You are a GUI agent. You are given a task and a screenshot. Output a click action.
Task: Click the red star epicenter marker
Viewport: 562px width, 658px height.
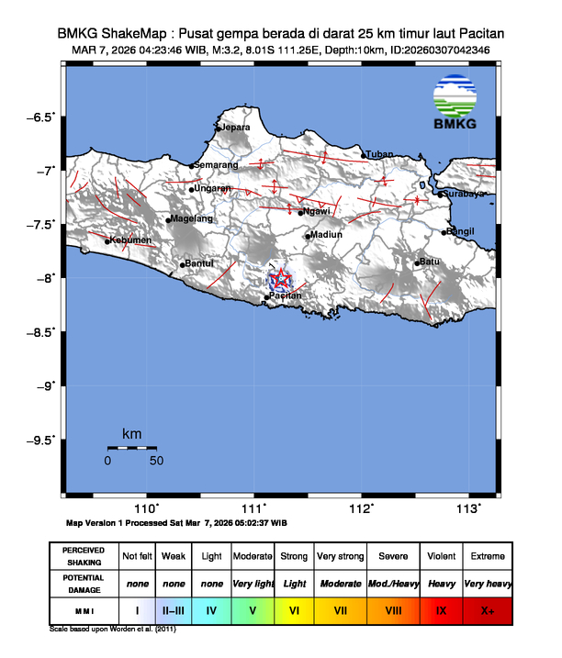pyautogui.click(x=279, y=278)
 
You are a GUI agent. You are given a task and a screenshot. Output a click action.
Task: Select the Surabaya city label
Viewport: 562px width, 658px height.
pyautogui.click(x=464, y=193)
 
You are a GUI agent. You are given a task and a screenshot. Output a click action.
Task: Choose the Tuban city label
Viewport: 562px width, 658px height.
pyautogui.click(x=380, y=154)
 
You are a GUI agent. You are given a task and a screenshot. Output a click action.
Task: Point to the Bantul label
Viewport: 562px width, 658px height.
pyautogui.click(x=200, y=263)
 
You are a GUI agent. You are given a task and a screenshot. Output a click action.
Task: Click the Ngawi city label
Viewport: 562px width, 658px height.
pyautogui.click(x=317, y=212)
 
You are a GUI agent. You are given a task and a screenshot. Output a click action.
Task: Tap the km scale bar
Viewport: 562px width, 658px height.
pyautogui.click(x=131, y=448)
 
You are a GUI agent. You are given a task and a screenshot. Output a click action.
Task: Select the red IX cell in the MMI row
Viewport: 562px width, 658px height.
pyautogui.click(x=441, y=608)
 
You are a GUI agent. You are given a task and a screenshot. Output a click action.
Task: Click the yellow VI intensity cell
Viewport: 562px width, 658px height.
pyautogui.click(x=294, y=608)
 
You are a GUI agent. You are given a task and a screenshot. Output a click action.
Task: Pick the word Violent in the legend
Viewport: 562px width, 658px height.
pyautogui.click(x=441, y=556)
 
